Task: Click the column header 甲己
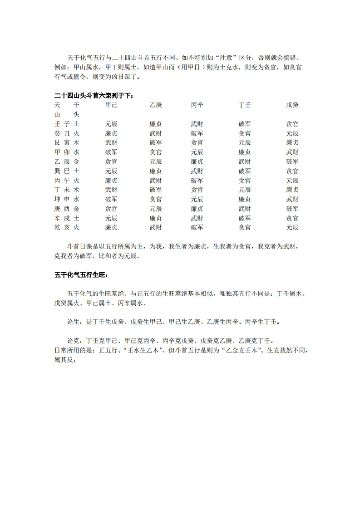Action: pos(111,105)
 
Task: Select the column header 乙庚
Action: pos(156,105)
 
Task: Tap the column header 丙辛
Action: pos(197,105)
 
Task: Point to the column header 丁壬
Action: pos(245,105)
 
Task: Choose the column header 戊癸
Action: pos(292,105)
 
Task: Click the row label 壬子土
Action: pos(67,124)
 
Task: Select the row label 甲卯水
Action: pos(67,152)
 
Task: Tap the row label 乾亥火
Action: pos(67,227)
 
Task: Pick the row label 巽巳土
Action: pos(67,171)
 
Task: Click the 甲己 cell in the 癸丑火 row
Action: pos(111,133)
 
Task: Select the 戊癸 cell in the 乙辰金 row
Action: pos(292,162)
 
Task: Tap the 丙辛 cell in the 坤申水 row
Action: pos(197,199)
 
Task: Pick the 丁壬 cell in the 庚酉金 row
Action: pos(245,209)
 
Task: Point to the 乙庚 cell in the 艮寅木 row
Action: pos(156,142)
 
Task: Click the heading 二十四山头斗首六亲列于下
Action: pos(94,95)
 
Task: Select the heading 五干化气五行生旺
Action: pos(81,275)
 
